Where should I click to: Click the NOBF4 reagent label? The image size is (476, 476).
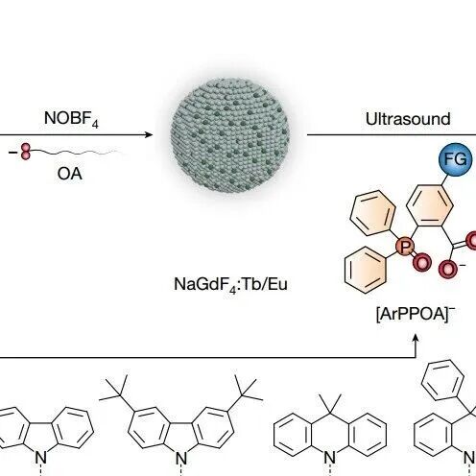71,119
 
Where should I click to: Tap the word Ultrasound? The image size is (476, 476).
408,119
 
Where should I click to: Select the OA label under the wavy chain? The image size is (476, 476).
70,174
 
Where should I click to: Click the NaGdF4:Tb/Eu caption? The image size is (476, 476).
230,284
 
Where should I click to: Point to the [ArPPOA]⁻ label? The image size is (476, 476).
416,314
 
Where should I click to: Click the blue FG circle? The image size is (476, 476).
456,159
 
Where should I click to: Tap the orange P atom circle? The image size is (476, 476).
405,247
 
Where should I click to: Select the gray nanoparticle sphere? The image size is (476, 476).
230,135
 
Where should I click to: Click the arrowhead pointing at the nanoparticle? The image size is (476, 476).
149,134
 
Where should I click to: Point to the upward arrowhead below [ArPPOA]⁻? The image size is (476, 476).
416,339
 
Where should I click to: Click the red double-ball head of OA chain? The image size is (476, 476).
26,152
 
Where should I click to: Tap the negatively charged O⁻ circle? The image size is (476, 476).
447,269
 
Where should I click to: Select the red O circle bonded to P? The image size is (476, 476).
422,262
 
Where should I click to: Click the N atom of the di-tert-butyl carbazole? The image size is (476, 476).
181,458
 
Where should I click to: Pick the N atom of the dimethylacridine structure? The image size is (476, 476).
330,458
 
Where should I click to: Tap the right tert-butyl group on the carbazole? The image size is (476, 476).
247,391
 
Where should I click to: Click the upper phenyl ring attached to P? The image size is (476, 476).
372,213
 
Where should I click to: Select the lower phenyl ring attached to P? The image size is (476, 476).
366,270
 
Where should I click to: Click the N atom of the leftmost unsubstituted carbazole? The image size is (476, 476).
41,458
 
